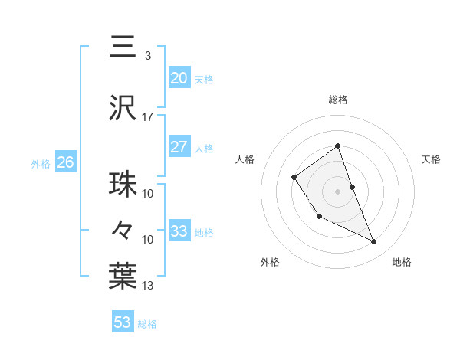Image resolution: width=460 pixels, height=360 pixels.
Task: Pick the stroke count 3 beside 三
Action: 147,56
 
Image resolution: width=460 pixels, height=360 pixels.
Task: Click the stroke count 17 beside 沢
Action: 147,117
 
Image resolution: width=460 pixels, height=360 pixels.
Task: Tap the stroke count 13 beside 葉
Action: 147,286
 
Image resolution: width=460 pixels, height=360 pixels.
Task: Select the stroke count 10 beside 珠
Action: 147,194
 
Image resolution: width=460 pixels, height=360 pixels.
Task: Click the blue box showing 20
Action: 179,77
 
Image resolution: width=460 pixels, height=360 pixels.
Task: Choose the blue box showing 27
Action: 179,147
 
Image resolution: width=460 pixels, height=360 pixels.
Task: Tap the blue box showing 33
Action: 179,231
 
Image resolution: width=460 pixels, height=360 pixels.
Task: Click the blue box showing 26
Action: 65,162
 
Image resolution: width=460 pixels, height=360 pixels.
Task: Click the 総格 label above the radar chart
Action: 337,100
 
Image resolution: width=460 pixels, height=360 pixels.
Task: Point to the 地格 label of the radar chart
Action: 402,263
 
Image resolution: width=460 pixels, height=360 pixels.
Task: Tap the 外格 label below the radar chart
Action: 270,263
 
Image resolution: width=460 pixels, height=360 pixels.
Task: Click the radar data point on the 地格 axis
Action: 374,242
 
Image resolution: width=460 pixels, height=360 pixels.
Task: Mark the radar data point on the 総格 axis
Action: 337,146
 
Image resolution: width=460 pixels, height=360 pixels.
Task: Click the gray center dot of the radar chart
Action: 337,191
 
